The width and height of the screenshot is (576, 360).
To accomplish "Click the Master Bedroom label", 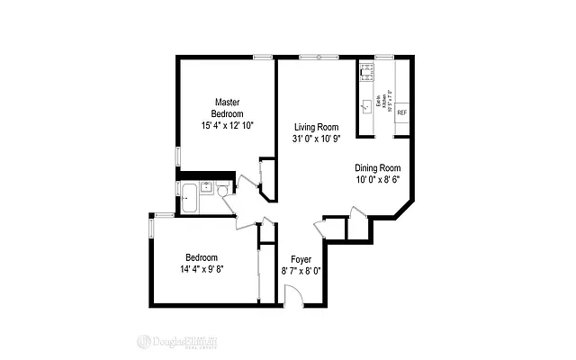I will point(227,107).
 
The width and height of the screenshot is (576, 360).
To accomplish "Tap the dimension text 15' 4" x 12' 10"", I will point(227,126).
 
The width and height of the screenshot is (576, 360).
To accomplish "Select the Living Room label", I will point(315,127).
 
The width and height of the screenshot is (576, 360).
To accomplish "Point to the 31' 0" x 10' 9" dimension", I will point(315,139).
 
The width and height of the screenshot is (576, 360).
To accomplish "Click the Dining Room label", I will point(377,167).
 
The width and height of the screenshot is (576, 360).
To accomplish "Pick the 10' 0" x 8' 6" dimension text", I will point(377,179).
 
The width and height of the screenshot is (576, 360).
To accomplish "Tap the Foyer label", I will point(301,258).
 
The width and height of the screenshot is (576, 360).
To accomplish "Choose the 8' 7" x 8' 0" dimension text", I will point(301,270).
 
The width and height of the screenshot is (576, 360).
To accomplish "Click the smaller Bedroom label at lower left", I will point(202,257).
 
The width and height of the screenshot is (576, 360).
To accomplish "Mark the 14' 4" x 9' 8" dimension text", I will point(202,269).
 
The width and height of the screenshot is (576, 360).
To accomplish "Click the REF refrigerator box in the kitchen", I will point(401,112).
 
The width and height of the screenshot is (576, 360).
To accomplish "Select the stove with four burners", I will point(366,71).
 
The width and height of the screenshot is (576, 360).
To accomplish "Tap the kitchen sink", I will point(365,105).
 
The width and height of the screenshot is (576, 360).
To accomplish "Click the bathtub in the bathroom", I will point(190,197).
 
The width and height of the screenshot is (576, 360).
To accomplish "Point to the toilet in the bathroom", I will point(223,190).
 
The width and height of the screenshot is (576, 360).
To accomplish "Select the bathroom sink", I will point(206,188).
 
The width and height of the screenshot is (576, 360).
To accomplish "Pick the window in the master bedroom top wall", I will point(263,58).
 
